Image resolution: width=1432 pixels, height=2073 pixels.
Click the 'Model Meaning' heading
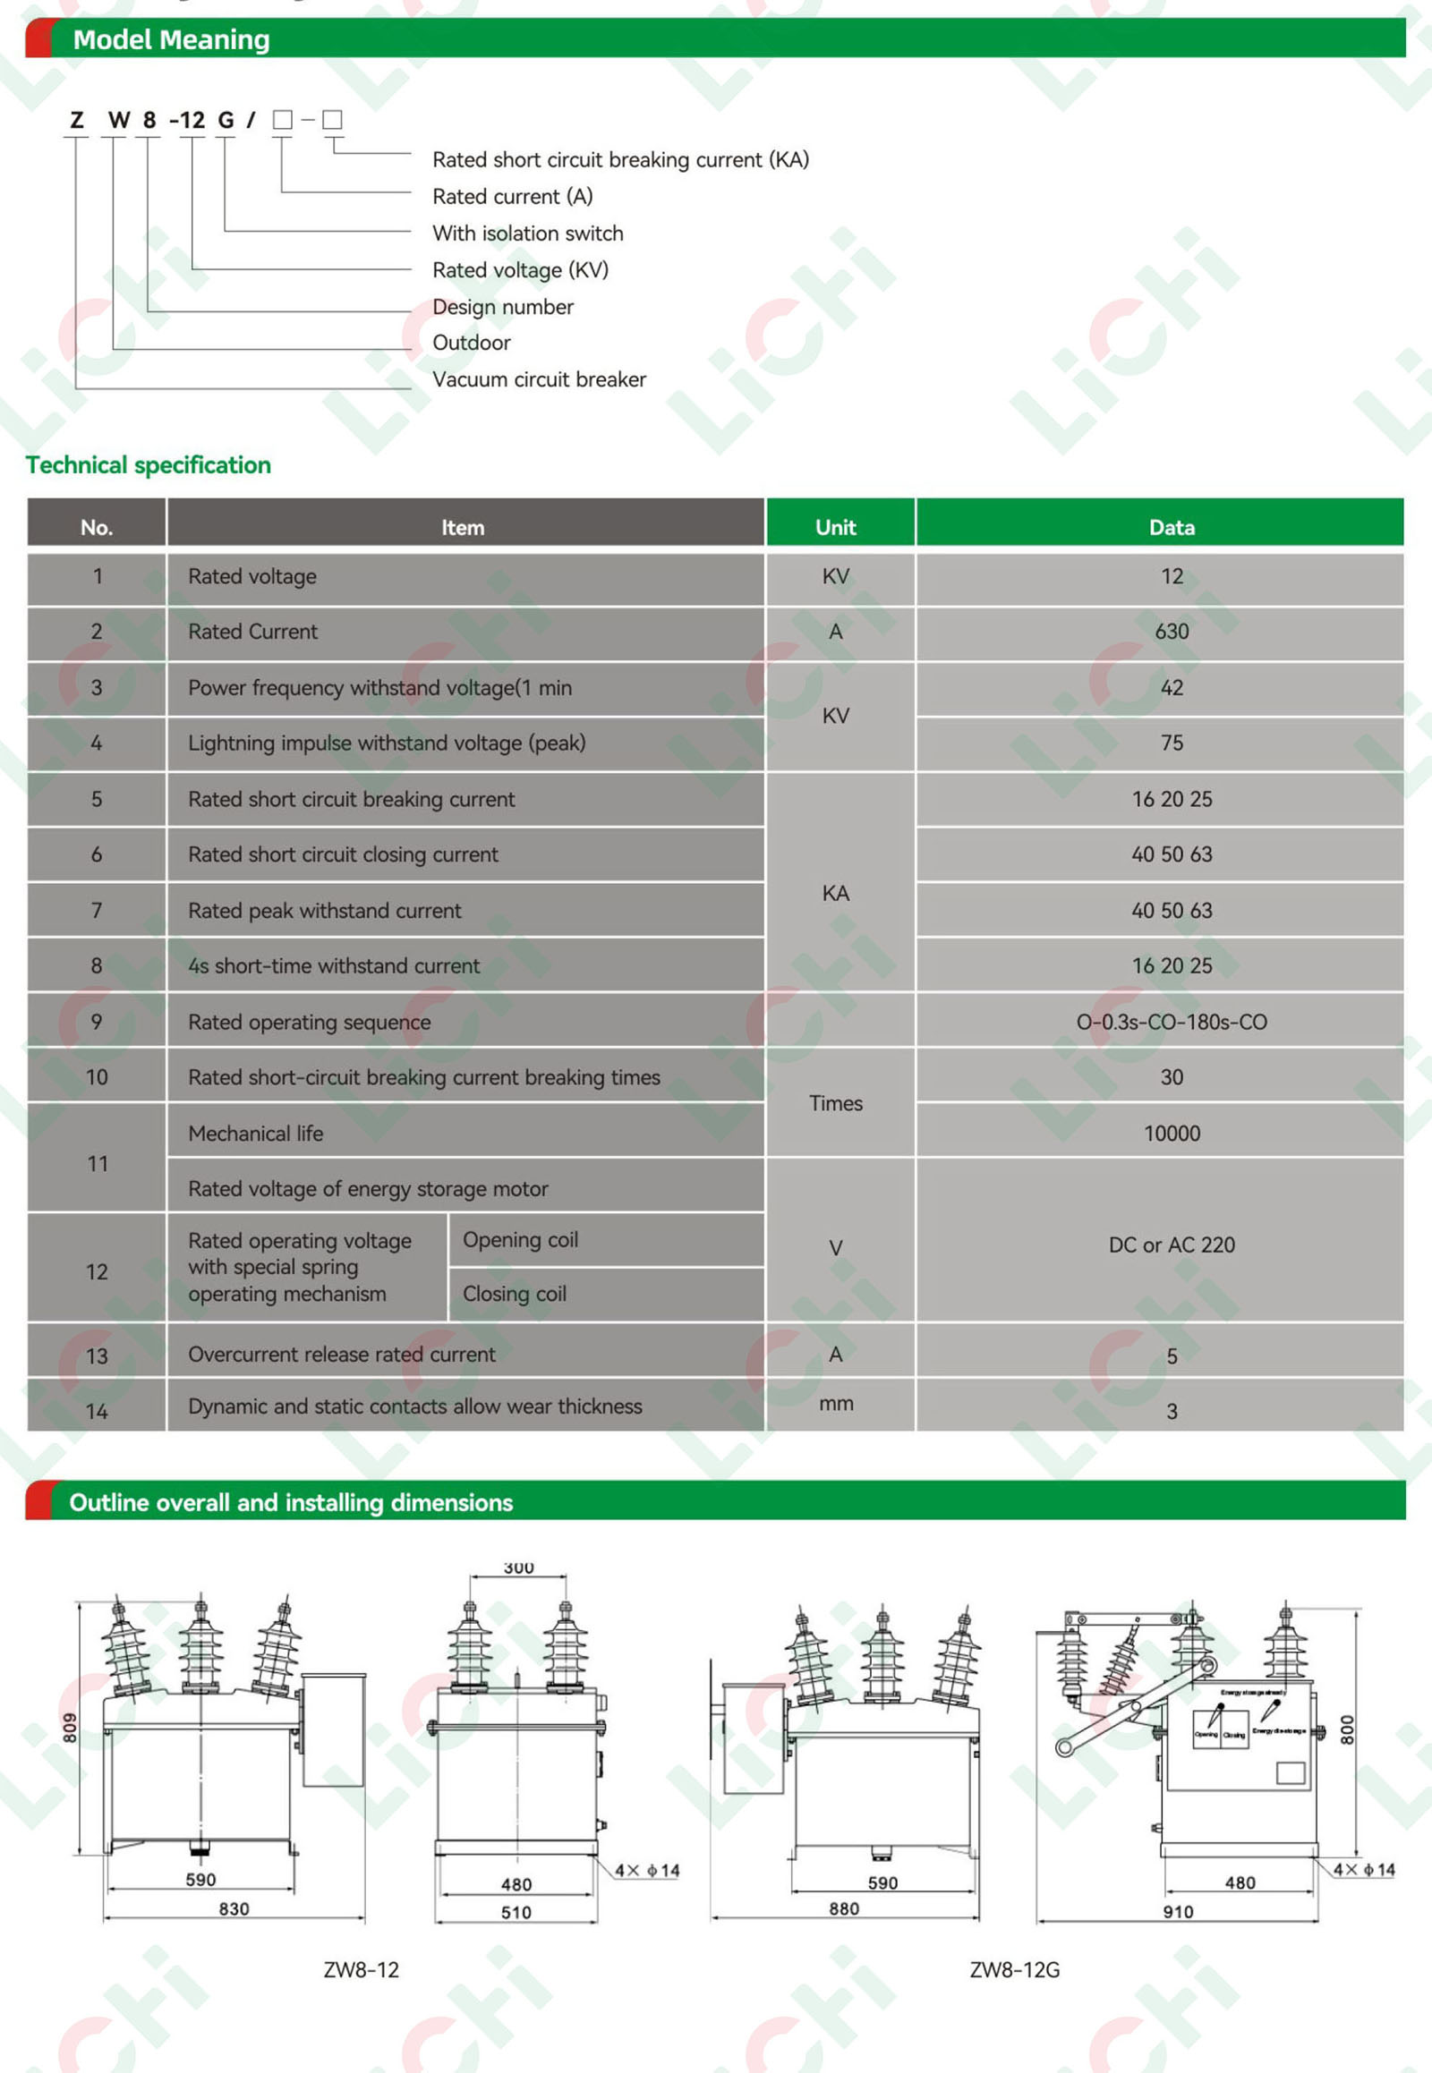[170, 39]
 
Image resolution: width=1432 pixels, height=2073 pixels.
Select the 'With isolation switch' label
[527, 234]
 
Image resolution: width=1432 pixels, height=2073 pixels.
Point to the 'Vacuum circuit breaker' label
[539, 379]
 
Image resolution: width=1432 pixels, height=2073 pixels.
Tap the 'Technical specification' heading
[148, 464]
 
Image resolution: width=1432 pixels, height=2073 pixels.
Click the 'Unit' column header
[835, 528]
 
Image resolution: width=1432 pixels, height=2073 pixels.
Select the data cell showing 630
[1172, 632]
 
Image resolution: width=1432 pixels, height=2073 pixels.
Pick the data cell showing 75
[1172, 743]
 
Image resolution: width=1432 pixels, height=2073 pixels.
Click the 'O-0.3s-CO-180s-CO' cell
[1172, 1022]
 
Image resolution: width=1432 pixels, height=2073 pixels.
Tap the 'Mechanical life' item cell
[256, 1133]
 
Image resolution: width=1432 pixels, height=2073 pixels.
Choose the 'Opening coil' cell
[520, 1240]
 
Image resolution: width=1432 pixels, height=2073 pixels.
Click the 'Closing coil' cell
[515, 1294]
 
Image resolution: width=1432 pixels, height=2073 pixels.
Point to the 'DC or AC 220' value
[1172, 1245]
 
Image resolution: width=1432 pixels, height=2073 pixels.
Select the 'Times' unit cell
[835, 1103]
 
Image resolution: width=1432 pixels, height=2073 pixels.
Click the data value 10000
[1172, 1133]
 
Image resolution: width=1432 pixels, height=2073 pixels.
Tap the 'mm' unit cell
[835, 1403]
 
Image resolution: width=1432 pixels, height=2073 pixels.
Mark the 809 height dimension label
[70, 1728]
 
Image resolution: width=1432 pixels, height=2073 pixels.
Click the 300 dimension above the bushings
[518, 1567]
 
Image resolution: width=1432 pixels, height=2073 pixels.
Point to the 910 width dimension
[1178, 1912]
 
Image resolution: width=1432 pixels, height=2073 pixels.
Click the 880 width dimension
[843, 1909]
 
